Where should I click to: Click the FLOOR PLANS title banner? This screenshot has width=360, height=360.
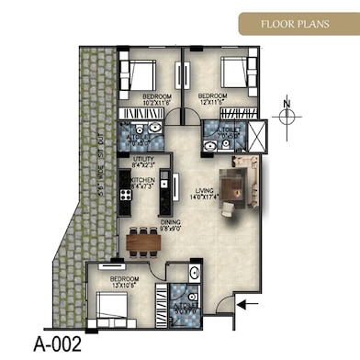[297, 23]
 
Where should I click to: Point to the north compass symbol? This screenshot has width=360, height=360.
[287, 114]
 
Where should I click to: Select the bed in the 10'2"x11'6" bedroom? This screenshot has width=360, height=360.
[142, 73]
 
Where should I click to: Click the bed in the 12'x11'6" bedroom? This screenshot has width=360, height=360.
[236, 72]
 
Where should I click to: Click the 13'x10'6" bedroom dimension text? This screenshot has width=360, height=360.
[124, 285]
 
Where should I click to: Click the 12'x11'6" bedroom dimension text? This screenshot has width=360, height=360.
[212, 102]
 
